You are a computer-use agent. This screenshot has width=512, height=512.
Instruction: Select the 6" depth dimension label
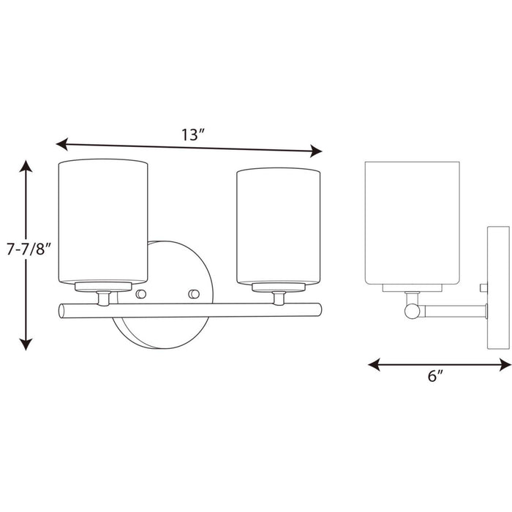click(x=435, y=377)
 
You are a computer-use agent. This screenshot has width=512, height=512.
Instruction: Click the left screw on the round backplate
click(x=142, y=294)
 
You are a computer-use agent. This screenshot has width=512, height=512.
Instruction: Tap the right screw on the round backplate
click(x=194, y=294)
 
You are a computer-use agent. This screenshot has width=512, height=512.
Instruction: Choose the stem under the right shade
click(x=279, y=298)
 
